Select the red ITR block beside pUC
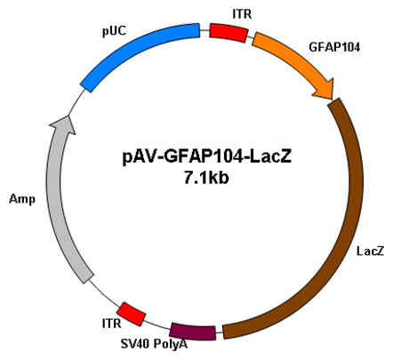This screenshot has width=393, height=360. click(229, 33)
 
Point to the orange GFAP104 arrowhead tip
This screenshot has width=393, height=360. click(333, 99)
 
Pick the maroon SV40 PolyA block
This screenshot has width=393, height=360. click(193, 332)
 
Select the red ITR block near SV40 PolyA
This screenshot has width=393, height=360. click(132, 314)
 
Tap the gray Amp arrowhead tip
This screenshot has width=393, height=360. click(69, 116)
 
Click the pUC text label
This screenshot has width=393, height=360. click(114, 31)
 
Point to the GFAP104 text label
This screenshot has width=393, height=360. click(334, 47)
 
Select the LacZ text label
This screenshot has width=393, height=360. click(370, 251)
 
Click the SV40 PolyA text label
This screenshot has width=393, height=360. click(154, 344)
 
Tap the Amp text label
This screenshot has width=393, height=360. click(22, 199)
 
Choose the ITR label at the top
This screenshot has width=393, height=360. click(242, 14)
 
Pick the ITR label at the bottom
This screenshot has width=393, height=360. click(112, 324)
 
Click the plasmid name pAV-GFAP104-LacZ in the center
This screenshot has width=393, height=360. click(207, 156)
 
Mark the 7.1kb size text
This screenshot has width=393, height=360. click(206, 178)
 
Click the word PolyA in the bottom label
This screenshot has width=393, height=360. click(171, 344)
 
